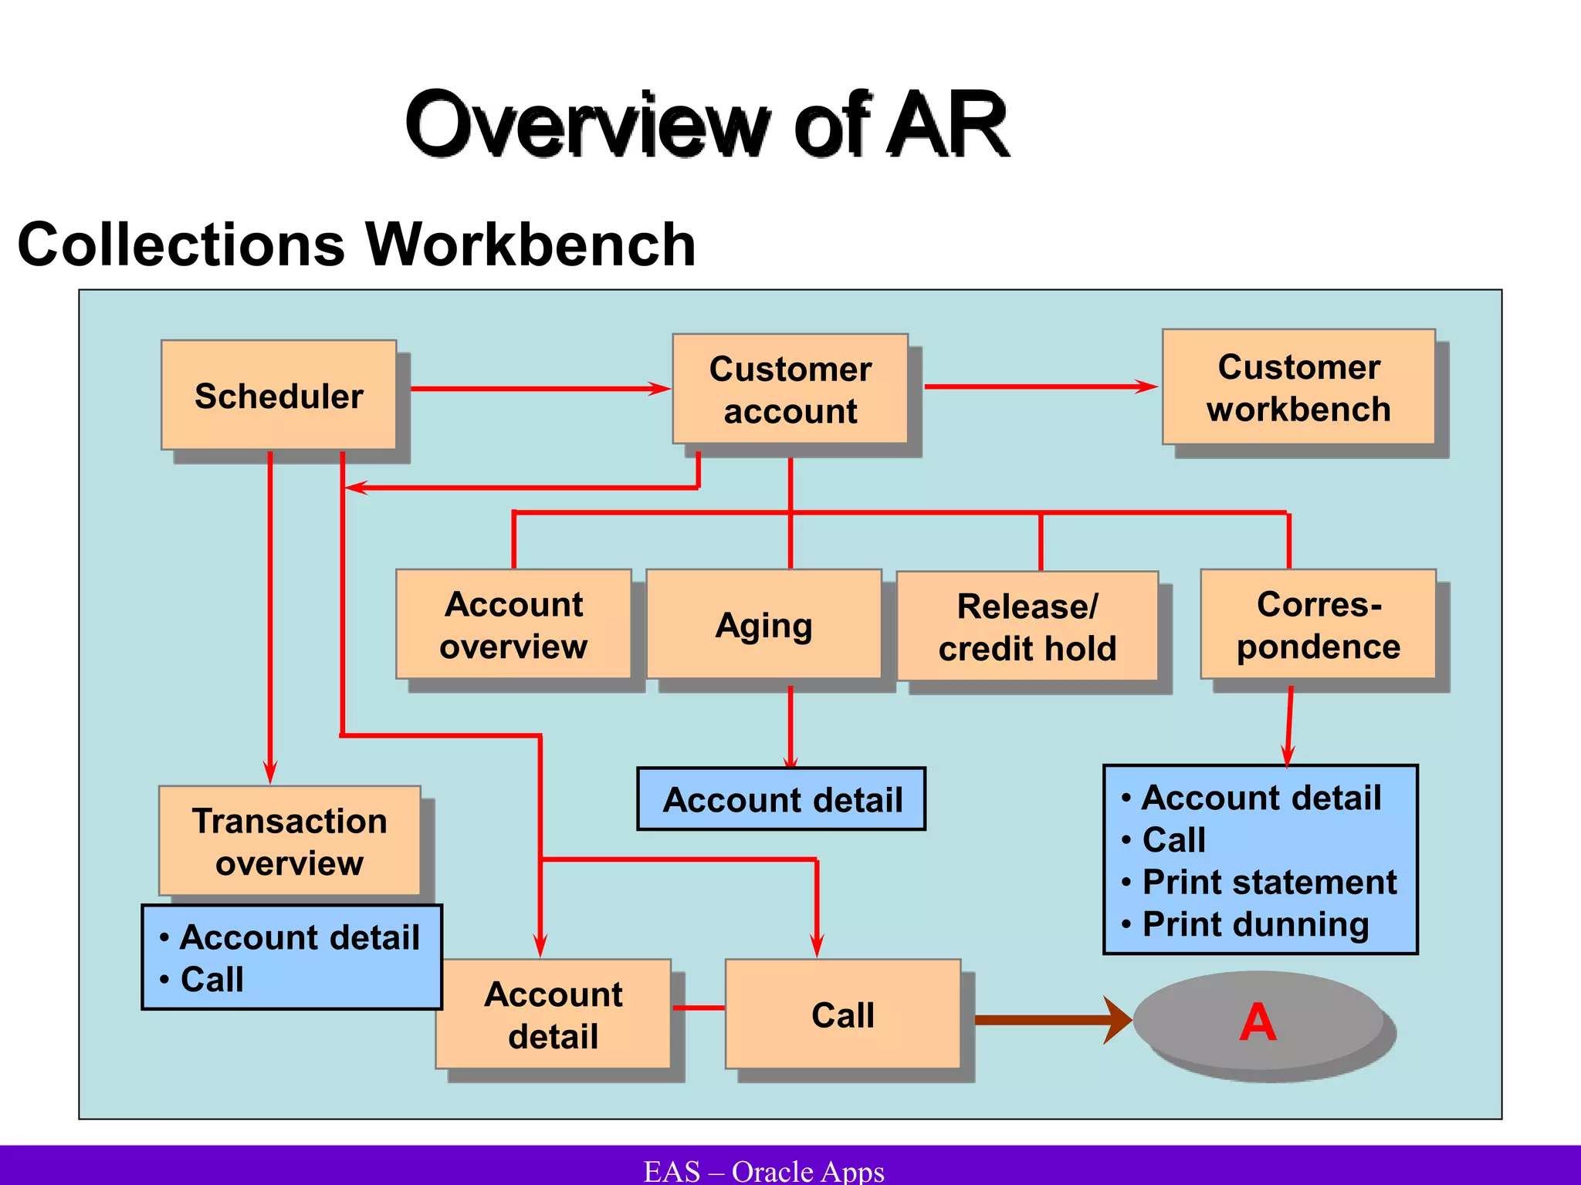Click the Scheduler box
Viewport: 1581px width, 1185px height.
click(x=279, y=395)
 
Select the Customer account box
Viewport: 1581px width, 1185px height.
click(x=790, y=389)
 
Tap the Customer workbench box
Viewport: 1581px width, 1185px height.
click(x=1298, y=387)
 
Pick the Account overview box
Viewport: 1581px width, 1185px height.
click(x=513, y=624)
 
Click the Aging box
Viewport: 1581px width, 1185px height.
click(x=763, y=624)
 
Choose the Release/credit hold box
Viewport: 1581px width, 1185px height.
click(x=1027, y=626)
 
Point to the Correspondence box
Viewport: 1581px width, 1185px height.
click(x=1318, y=624)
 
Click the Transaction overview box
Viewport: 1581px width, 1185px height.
click(x=289, y=841)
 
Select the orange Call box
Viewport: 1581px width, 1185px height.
click(x=842, y=1014)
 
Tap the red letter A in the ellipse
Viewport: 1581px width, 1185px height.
click(x=1258, y=1022)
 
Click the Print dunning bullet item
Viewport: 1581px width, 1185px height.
click(x=1255, y=924)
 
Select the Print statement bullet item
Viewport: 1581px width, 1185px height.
click(x=1268, y=882)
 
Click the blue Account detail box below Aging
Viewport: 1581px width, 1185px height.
click(x=781, y=799)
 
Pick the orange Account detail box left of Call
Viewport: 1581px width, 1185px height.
click(x=553, y=1014)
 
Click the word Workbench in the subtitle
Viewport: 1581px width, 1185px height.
click(x=530, y=245)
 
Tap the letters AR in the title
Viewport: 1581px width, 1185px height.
click(x=947, y=123)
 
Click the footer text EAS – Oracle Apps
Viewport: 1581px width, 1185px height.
click(x=763, y=1170)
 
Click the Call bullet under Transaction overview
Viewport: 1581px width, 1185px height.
click(x=212, y=979)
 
